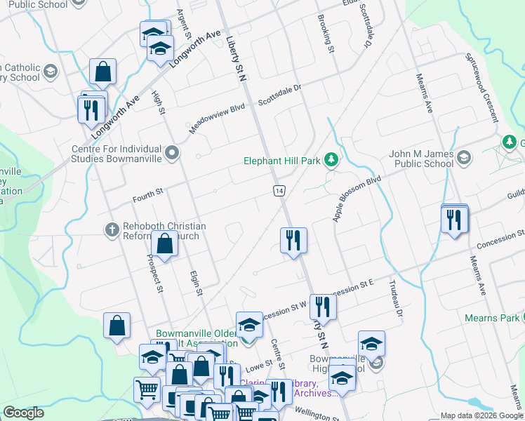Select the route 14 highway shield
click(279, 190)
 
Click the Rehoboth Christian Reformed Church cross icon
click(112, 229)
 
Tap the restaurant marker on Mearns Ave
click(455, 220)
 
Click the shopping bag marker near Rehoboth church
click(164, 245)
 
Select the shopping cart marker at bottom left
click(146, 389)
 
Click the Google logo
click(23, 413)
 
